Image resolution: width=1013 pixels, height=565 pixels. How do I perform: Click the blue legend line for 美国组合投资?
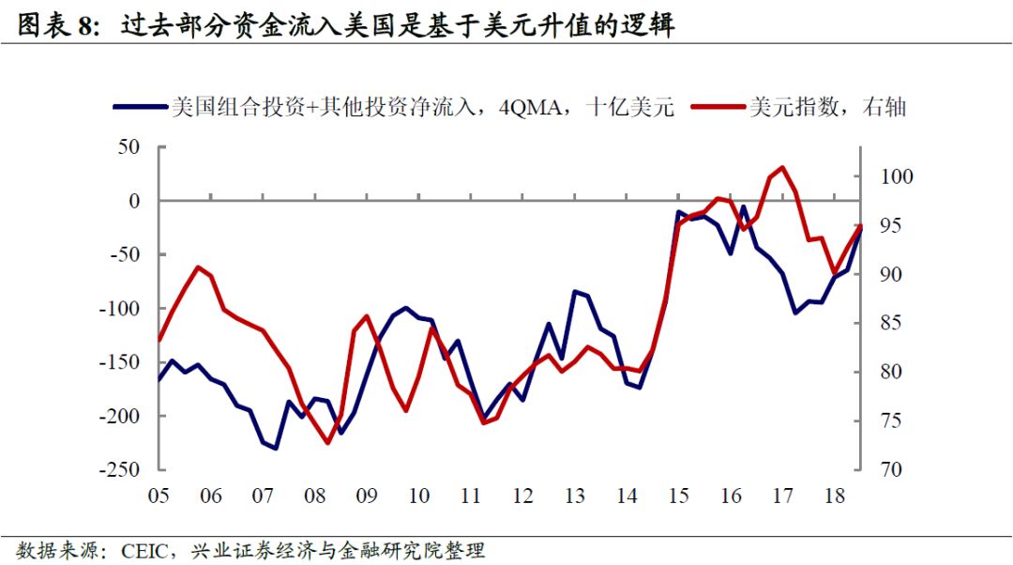pyautogui.click(x=140, y=107)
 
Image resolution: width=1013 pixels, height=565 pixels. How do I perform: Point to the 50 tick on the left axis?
pyautogui.click(x=128, y=147)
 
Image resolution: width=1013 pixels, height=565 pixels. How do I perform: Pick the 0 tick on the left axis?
pyautogui.click(x=133, y=201)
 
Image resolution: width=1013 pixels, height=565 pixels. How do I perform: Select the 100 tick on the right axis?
pyautogui.click(x=895, y=177)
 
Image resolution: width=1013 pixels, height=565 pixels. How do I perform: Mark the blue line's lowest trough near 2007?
pyautogui.click(x=276, y=448)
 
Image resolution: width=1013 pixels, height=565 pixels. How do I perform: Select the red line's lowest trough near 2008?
pyautogui.click(x=328, y=442)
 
